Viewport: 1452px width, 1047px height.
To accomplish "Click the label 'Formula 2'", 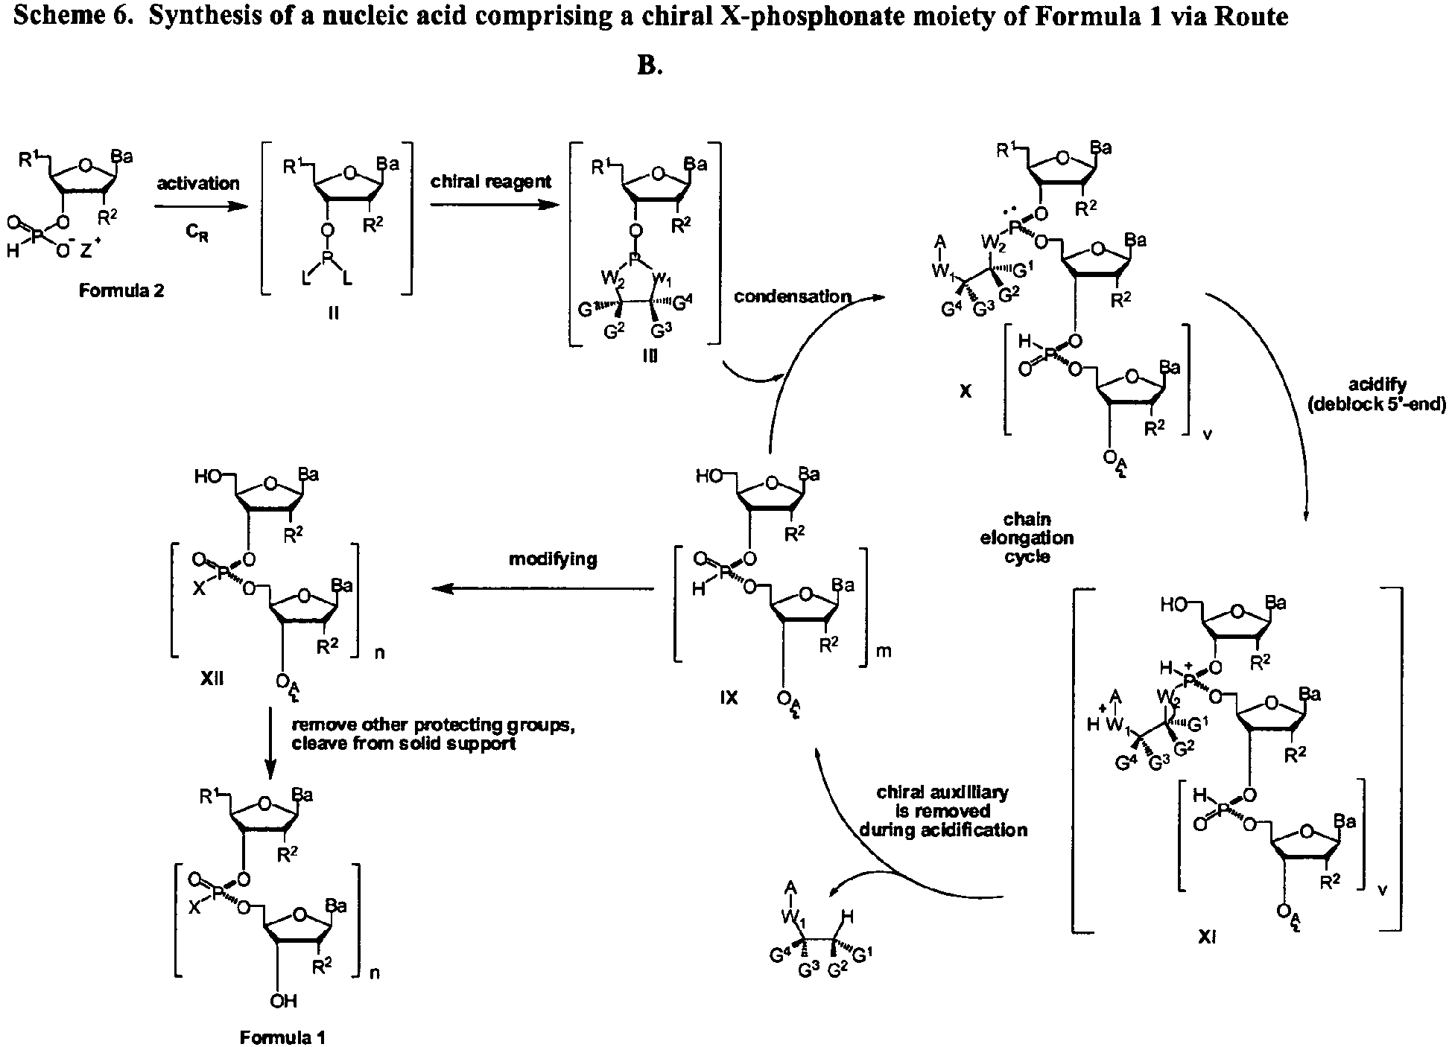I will tap(121, 291).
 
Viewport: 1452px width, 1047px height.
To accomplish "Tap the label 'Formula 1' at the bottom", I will tap(282, 1037).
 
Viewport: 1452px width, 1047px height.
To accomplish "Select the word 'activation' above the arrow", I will tap(198, 183).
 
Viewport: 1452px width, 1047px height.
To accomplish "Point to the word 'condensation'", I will tap(792, 297).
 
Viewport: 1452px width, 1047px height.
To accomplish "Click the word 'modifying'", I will tap(553, 559).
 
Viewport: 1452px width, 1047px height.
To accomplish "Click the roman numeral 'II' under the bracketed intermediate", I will tap(333, 314).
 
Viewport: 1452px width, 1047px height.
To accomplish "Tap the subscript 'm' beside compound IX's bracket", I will tap(886, 652).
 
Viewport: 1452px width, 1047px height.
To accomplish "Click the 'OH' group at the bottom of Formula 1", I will tap(283, 1001).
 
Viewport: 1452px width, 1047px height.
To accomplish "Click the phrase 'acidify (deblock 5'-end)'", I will tap(1377, 395).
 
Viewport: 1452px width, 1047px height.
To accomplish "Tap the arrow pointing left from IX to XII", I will tap(543, 589).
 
